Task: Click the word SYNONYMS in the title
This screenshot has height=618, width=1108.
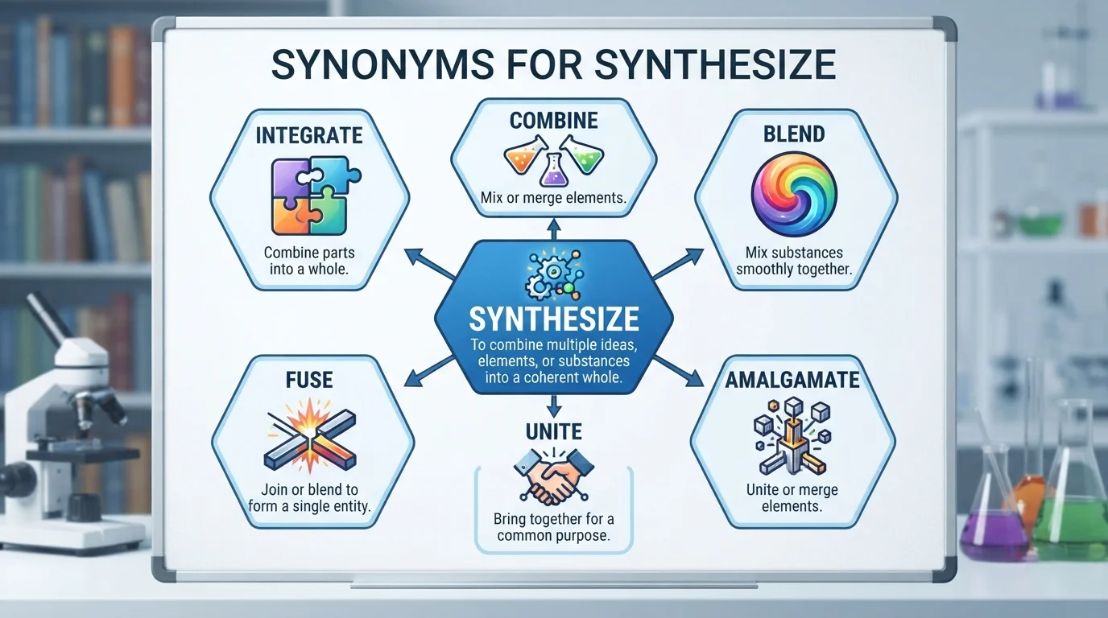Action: pyautogui.click(x=382, y=64)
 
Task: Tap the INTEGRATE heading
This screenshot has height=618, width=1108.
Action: pyautogui.click(x=309, y=135)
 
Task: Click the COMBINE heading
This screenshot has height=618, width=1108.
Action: pyautogui.click(x=553, y=121)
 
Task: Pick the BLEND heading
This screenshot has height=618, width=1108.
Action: pyautogui.click(x=794, y=134)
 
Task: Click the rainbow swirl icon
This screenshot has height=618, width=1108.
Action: pyautogui.click(x=794, y=194)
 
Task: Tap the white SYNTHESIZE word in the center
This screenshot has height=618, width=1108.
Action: pyautogui.click(x=553, y=319)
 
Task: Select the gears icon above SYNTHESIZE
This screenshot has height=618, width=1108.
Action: pyautogui.click(x=554, y=275)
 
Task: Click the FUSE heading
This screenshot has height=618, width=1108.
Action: pyautogui.click(x=309, y=380)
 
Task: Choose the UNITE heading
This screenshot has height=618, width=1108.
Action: pyautogui.click(x=553, y=431)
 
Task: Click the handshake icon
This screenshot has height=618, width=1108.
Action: pyautogui.click(x=553, y=476)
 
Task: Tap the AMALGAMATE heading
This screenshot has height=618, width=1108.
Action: pyautogui.click(x=792, y=380)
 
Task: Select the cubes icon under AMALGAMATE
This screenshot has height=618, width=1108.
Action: pyautogui.click(x=792, y=435)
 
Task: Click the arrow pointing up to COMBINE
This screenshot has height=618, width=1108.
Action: pyautogui.click(x=554, y=229)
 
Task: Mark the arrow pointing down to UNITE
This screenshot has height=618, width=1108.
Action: pyautogui.click(x=554, y=406)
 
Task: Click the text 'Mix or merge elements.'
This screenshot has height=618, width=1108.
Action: pyautogui.click(x=553, y=198)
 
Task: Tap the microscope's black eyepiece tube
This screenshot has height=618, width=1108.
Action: pyautogui.click(x=47, y=316)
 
